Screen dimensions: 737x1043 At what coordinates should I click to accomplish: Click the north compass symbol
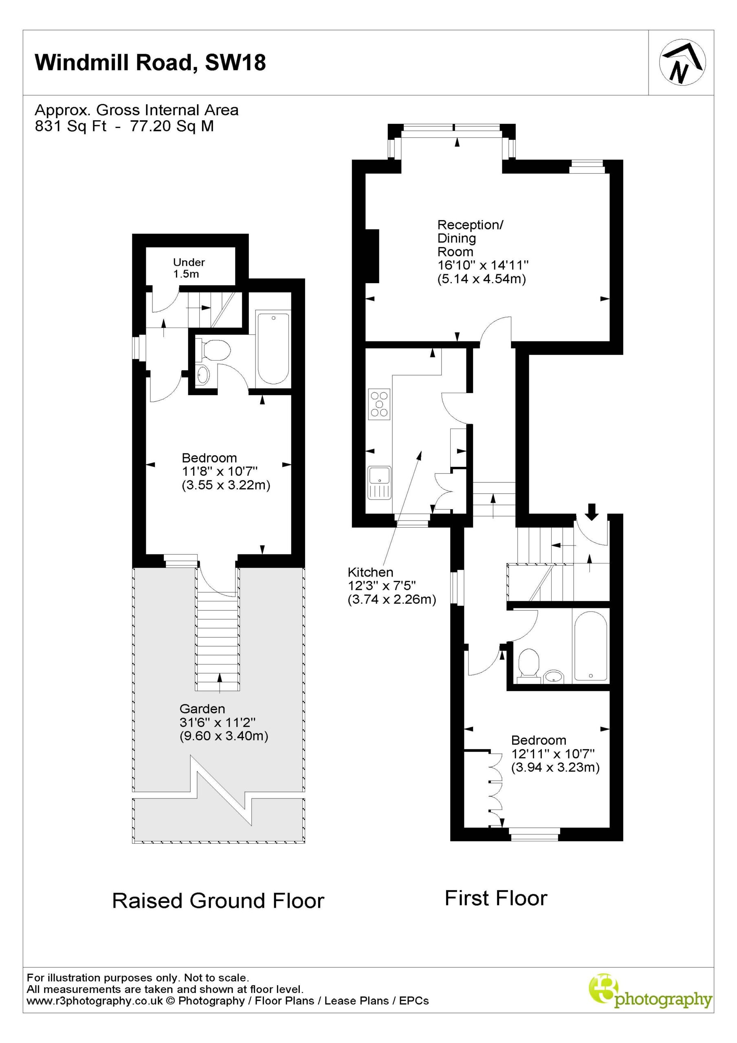[682, 63]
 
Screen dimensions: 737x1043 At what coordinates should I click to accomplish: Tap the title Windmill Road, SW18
[150, 62]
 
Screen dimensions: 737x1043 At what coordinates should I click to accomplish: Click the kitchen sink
[379, 483]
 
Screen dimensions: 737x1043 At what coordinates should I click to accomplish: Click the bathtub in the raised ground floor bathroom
[273, 348]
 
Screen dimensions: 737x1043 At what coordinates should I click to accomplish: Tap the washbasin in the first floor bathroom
[553, 677]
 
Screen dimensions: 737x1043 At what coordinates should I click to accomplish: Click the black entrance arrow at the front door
[591, 511]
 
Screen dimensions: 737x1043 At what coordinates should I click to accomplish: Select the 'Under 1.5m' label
[189, 268]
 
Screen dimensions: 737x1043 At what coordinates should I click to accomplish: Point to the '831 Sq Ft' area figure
[71, 126]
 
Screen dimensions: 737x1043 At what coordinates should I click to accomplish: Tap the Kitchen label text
[370, 572]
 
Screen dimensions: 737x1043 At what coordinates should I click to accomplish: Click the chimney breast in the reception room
[373, 256]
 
